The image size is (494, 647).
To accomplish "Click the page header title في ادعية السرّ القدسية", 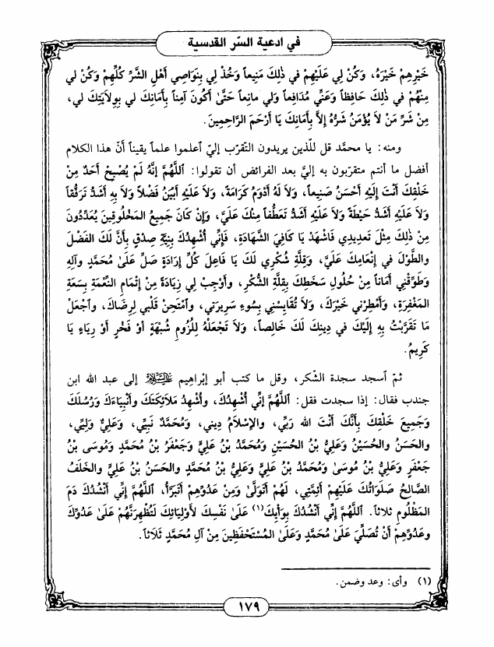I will [x=248, y=39].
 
